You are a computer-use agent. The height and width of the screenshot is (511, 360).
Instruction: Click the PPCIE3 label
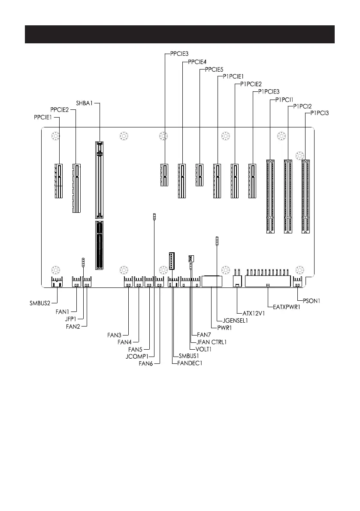[175, 54]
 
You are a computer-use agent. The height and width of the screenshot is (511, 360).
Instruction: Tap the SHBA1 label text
[85, 103]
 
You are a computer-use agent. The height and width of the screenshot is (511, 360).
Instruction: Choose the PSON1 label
[310, 301]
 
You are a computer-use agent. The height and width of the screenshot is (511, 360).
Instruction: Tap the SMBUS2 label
[36, 304]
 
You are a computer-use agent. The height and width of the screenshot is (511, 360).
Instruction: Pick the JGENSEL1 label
[233, 321]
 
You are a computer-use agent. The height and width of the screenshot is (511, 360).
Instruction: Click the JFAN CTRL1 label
[211, 342]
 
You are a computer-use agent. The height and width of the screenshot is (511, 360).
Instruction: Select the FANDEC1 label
[190, 363]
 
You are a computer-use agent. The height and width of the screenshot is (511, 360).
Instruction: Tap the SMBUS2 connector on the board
[57, 281]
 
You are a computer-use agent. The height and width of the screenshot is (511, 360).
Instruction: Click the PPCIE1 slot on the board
[58, 181]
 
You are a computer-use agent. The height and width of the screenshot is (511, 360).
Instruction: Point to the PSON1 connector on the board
[298, 281]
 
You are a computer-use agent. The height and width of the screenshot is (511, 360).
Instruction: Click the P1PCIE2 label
[251, 84]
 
